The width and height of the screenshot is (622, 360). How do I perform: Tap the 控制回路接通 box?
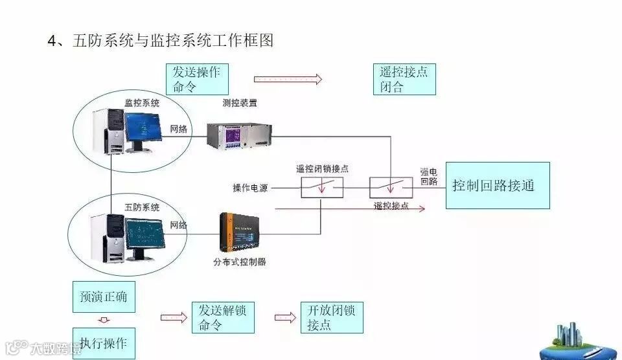tap(498, 185)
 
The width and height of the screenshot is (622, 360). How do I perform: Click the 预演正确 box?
tap(104, 298)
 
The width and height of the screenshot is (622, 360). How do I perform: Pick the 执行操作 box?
tap(104, 342)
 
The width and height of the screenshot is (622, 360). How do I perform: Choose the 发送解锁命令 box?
tap(222, 317)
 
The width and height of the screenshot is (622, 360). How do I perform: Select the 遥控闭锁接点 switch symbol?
tap(322, 187)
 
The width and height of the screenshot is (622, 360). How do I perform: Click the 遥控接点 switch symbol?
tap(391, 187)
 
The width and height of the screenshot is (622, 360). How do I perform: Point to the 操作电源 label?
tap(251, 188)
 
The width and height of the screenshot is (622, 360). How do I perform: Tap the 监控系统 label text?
tap(142, 102)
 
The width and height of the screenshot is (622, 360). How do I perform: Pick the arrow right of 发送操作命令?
tap(288, 79)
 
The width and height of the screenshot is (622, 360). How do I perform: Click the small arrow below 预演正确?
tap(104, 320)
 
